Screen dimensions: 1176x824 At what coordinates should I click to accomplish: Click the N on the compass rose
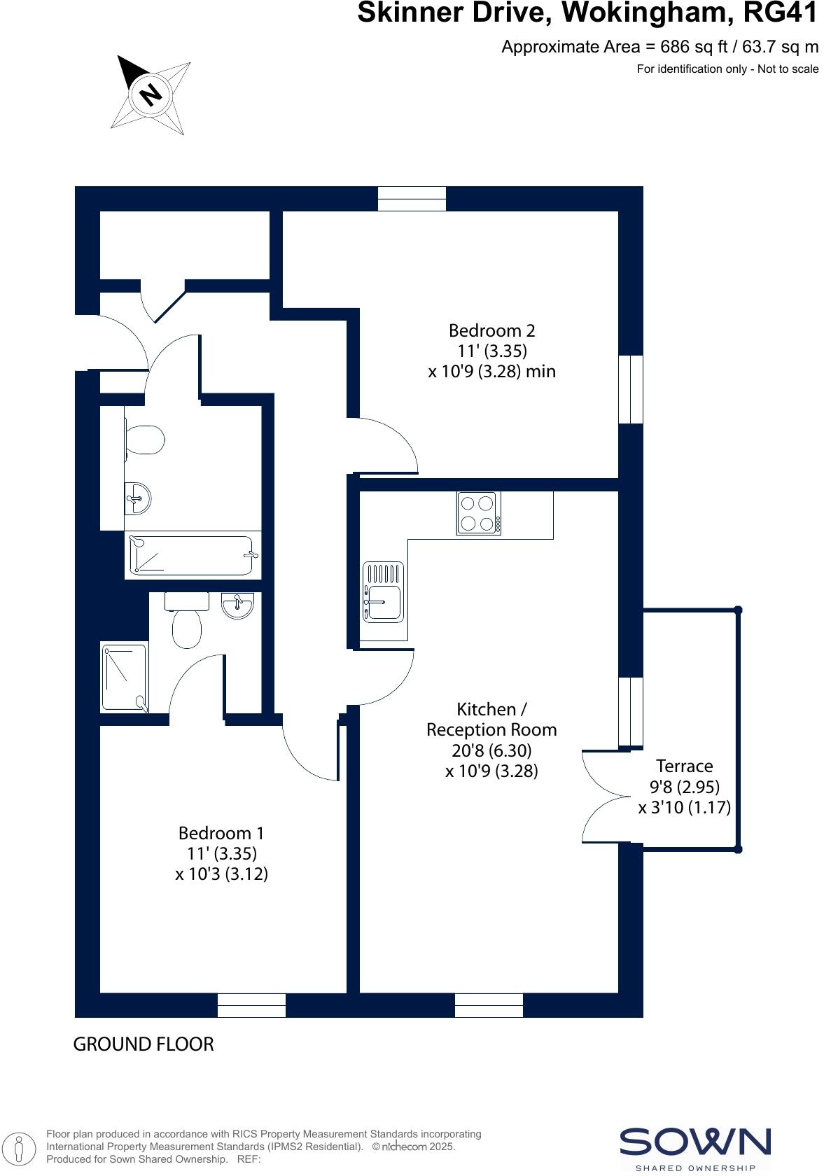click(x=150, y=94)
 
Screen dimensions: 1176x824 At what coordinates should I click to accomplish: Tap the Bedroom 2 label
click(x=491, y=330)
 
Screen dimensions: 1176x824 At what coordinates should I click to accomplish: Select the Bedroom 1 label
click(x=221, y=833)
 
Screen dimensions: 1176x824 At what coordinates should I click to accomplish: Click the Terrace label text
click(x=684, y=766)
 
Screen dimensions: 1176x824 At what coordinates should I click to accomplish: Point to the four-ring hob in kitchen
click(x=479, y=513)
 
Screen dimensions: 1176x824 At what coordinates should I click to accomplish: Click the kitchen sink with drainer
click(x=383, y=592)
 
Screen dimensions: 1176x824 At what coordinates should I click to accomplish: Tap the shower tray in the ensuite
click(x=125, y=678)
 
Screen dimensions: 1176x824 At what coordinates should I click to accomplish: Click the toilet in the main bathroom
click(x=144, y=440)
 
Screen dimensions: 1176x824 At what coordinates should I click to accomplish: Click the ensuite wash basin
click(x=237, y=605)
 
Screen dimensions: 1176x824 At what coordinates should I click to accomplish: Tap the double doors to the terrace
click(x=603, y=797)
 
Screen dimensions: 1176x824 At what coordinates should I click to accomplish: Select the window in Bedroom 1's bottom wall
click(x=251, y=1005)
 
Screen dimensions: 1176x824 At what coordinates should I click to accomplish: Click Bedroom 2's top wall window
click(x=412, y=198)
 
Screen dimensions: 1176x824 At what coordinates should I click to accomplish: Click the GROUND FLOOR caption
click(x=144, y=1044)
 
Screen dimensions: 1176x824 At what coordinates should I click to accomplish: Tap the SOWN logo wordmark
click(x=694, y=1142)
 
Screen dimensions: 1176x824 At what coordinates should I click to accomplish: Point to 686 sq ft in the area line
click(x=690, y=47)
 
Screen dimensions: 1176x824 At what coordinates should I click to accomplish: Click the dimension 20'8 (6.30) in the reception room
click(x=491, y=750)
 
